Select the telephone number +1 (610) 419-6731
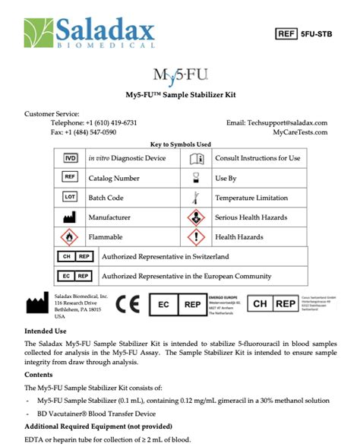pyautogui.click(x=112, y=122)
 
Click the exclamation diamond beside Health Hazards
pyautogui.click(x=195, y=237)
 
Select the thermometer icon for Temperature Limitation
pyautogui.click(x=195, y=198)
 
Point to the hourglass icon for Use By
pyautogui.click(x=195, y=178)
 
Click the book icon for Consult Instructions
pyautogui.click(x=195, y=158)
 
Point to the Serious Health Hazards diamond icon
pyautogui.click(x=195, y=217)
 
